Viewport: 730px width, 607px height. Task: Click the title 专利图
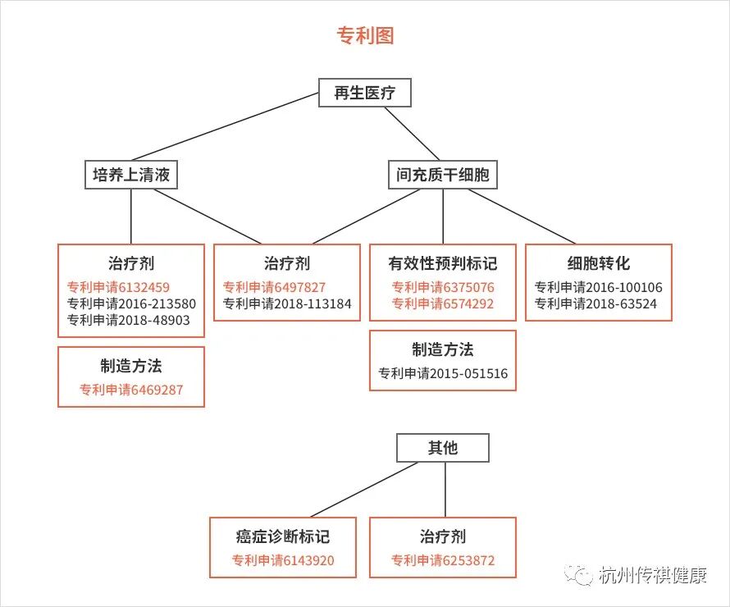click(365, 35)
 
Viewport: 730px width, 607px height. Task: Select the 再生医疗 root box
click(364, 93)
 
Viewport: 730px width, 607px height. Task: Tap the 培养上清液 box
click(131, 175)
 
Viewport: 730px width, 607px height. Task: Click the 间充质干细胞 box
click(442, 175)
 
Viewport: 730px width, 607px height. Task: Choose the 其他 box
click(443, 448)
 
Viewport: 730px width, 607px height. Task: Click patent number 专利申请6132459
click(118, 287)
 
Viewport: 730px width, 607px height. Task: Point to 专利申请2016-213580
click(131, 303)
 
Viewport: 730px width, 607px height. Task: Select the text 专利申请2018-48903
click(128, 320)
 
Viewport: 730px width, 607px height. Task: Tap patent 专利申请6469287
click(131, 390)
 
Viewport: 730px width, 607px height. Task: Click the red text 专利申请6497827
click(274, 287)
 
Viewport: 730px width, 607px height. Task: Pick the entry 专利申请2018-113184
click(287, 303)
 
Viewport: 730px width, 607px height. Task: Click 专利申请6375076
click(443, 287)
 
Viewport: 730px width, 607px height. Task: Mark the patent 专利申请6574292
click(443, 303)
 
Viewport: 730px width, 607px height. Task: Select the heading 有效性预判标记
click(443, 263)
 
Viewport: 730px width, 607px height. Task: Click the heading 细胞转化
click(599, 263)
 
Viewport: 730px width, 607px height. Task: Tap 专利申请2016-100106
click(599, 287)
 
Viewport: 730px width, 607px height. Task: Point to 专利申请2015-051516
click(443, 373)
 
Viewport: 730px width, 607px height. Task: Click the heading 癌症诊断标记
click(283, 536)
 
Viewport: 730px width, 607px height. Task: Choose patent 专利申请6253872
click(443, 561)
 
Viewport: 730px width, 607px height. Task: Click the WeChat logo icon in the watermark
click(582, 575)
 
